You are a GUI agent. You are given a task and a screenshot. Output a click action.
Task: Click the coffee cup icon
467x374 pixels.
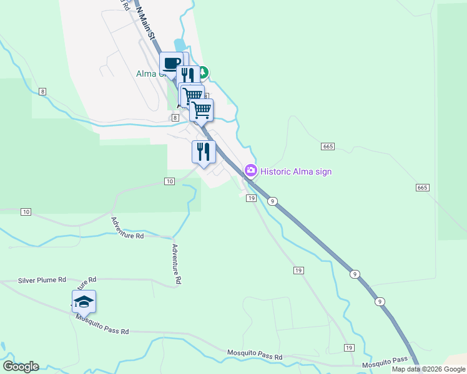(171, 63)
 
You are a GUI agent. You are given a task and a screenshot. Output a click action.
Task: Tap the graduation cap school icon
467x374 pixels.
(84, 302)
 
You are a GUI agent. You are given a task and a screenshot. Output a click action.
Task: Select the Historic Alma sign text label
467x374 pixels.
(296, 171)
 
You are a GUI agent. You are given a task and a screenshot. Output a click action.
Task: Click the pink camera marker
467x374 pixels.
(251, 170)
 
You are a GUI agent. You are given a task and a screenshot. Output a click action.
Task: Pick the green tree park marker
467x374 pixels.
(204, 72)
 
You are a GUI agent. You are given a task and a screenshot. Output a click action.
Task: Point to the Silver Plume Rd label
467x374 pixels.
(42, 280)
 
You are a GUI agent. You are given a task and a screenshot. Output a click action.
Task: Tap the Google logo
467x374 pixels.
(21, 367)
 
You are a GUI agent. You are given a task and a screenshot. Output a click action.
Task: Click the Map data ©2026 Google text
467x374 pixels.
(428, 369)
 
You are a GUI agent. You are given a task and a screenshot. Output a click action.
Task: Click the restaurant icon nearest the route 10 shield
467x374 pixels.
(204, 152)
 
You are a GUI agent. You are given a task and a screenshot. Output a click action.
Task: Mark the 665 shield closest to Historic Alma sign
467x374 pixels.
(328, 146)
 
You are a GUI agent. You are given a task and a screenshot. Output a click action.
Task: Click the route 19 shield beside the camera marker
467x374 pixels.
(252, 198)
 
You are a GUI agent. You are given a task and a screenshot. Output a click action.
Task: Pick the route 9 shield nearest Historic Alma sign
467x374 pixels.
(273, 201)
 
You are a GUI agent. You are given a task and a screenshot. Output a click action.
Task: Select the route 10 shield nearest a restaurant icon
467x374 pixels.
(170, 181)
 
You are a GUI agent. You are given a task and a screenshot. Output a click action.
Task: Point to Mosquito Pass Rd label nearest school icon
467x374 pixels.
(102, 324)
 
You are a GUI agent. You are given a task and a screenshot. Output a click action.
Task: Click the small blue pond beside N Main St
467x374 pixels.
(180, 46)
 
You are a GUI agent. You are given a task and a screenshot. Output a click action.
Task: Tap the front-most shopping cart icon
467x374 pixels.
(201, 110)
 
